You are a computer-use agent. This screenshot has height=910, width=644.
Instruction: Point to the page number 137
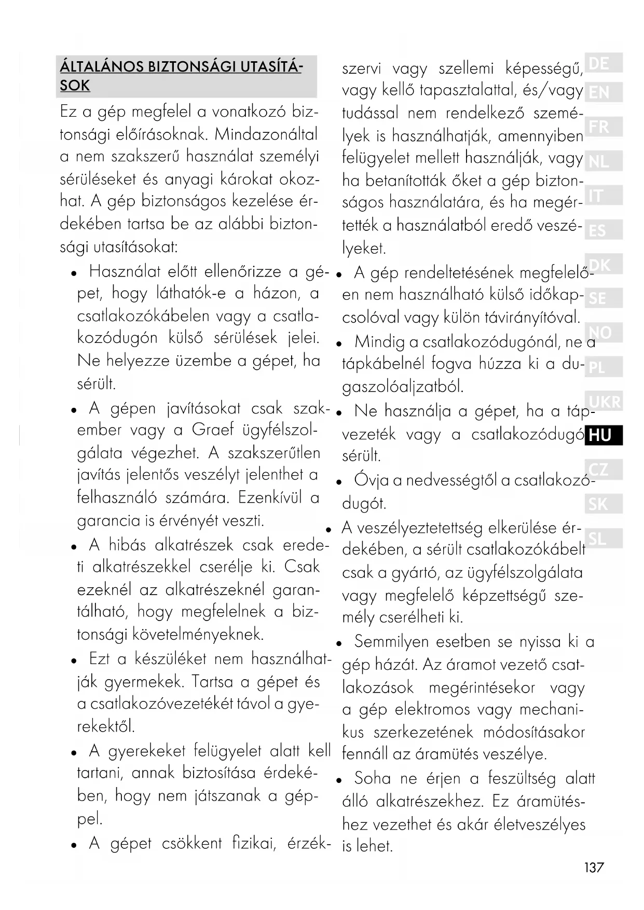(594, 867)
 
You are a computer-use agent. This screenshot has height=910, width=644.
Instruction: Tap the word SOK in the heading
(75, 86)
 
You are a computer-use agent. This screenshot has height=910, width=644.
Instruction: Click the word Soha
(373, 778)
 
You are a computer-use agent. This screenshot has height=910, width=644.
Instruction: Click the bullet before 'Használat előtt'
(75, 273)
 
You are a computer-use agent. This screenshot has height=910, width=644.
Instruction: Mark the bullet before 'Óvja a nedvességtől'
(338, 482)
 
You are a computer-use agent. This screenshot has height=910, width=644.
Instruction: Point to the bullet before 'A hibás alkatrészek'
(75, 546)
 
